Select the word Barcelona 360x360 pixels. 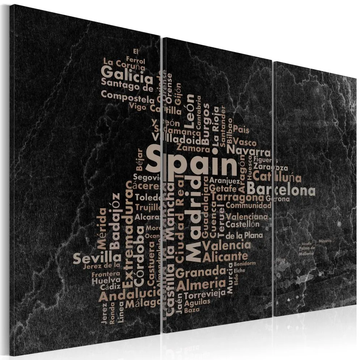point(281,190)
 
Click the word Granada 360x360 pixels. point(200,271)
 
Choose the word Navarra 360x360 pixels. point(250,151)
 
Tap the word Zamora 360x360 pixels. point(193,148)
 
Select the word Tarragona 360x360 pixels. point(237,197)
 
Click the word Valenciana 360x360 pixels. point(247,217)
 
